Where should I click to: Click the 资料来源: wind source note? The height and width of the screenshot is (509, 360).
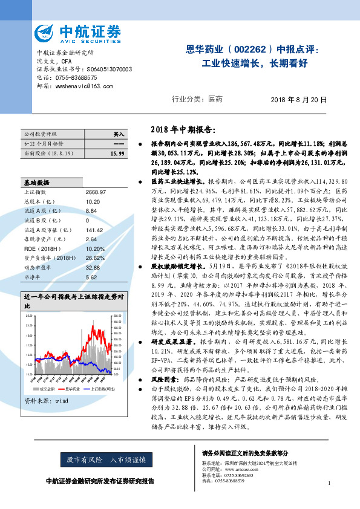[46, 383]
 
